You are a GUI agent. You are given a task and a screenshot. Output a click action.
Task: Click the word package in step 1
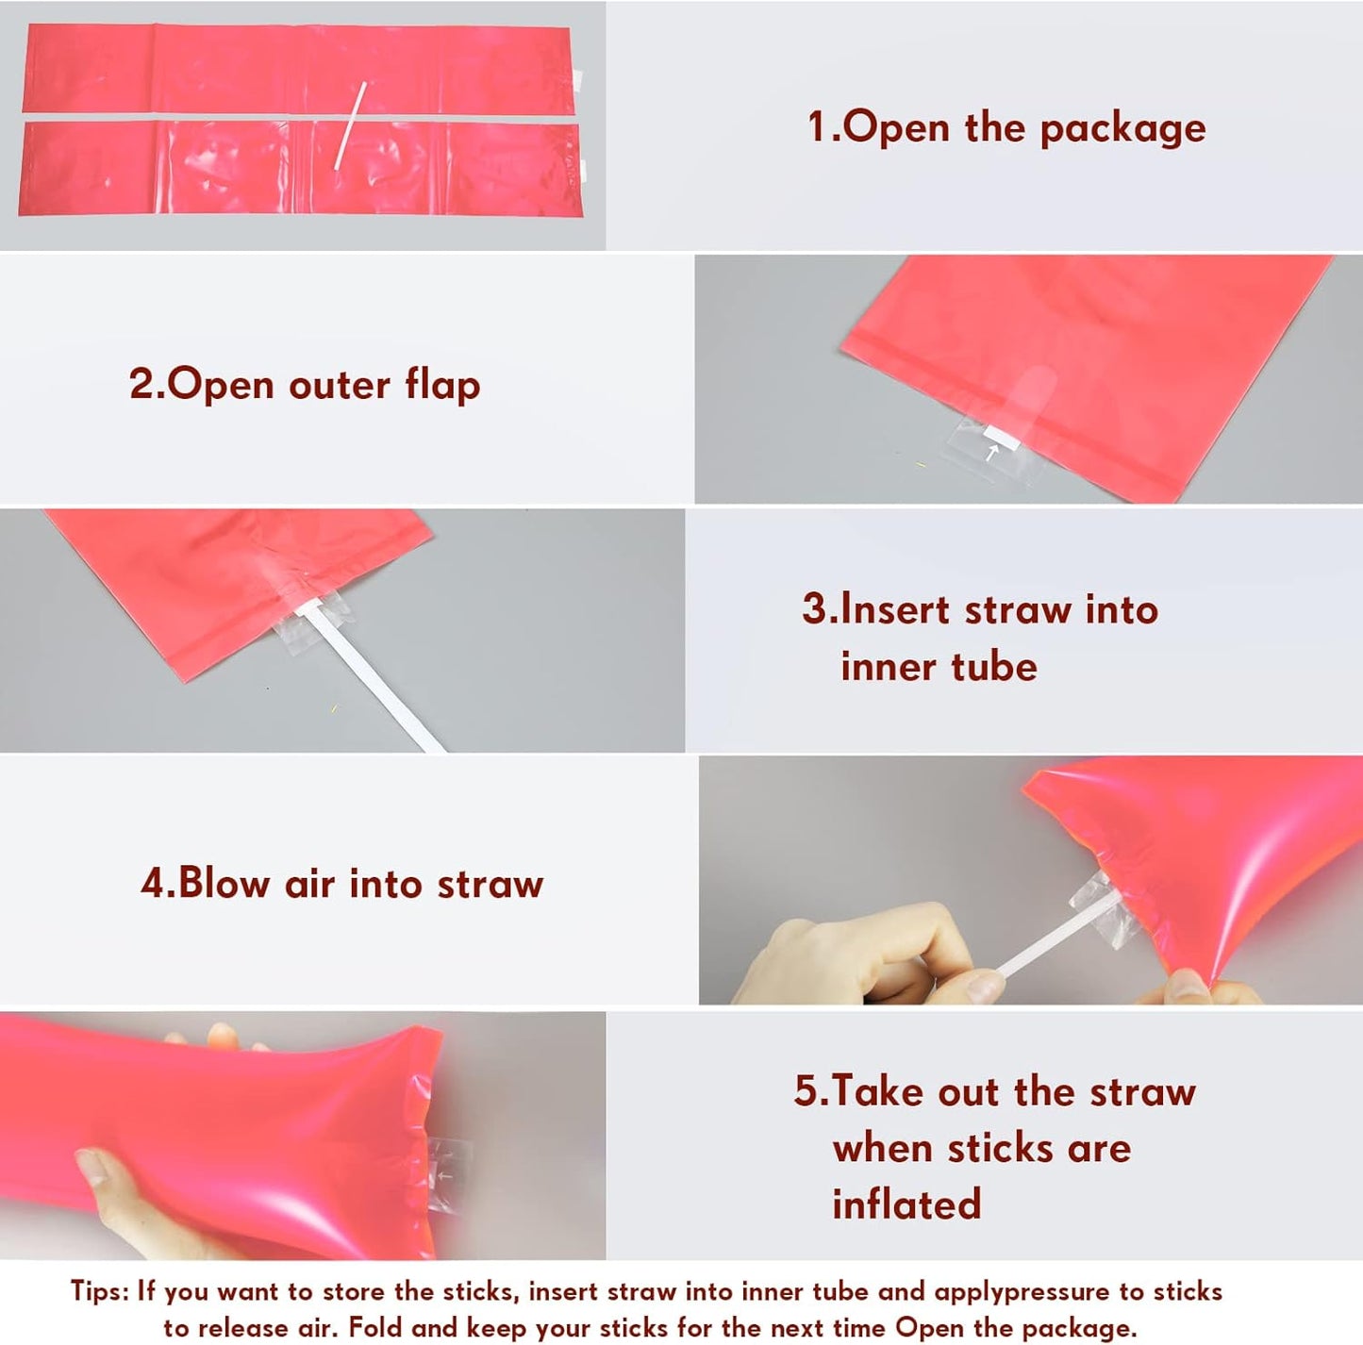[1122, 129]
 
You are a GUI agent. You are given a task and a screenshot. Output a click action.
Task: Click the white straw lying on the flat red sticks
[350, 125]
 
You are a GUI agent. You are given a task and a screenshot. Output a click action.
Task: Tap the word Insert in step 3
[894, 610]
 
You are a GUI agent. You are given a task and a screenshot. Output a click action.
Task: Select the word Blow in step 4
[224, 884]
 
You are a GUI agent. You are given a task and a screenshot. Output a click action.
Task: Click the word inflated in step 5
[906, 1204]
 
